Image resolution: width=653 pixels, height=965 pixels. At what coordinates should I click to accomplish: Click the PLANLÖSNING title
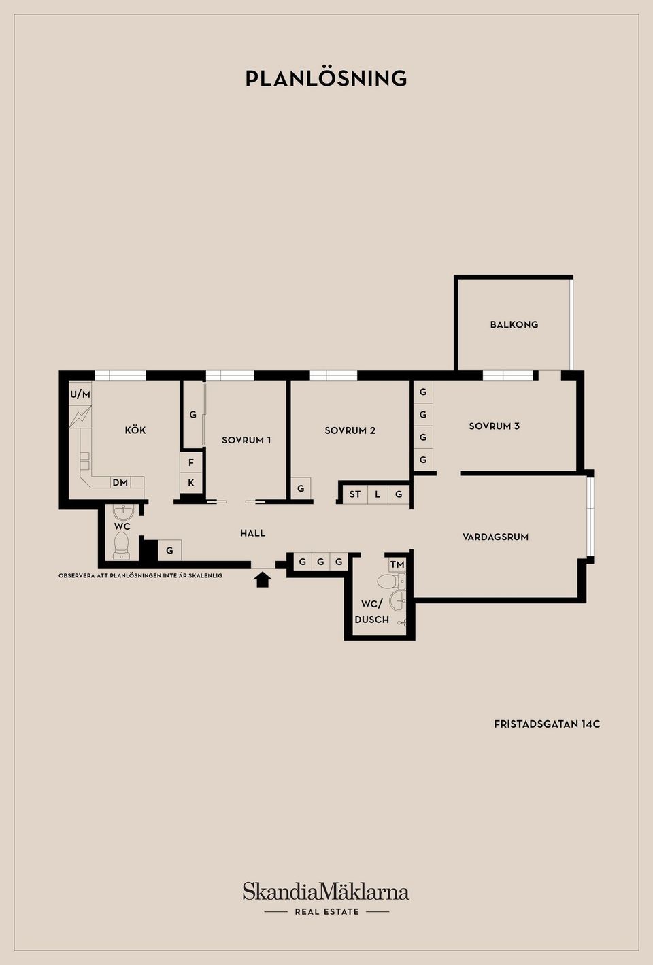[x=326, y=78]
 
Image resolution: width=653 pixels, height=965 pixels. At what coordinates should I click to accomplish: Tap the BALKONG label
[x=514, y=324]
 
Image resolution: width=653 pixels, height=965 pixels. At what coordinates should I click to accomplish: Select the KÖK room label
[x=135, y=430]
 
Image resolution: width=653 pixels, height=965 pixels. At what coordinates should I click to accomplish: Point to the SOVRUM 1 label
[x=246, y=440]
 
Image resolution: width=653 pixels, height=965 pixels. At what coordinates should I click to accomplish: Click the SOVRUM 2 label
[x=350, y=430]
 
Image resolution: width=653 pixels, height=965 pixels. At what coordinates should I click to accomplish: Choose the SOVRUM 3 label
[x=495, y=426]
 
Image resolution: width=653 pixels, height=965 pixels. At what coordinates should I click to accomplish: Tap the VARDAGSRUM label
[x=496, y=537]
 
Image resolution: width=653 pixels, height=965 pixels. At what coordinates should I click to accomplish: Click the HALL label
[x=252, y=533]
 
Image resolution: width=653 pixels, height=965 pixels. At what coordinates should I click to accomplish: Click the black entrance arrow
[x=262, y=579]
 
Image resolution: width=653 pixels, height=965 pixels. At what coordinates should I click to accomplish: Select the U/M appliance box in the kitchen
[x=80, y=394]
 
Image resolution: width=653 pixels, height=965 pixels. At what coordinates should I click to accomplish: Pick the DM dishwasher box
[x=120, y=483]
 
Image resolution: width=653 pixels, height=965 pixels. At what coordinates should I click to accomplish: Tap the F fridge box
[x=191, y=462]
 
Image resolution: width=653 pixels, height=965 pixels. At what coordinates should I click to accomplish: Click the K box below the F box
[x=191, y=483]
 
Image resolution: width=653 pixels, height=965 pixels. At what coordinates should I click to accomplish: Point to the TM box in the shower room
[x=397, y=564]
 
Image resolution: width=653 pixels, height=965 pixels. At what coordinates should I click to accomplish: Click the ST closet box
[x=355, y=494]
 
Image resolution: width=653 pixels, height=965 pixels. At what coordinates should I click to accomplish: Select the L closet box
[x=378, y=494]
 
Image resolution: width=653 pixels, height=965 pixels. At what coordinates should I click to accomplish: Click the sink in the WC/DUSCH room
[x=397, y=600]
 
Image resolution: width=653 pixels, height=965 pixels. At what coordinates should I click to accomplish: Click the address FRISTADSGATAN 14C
[x=547, y=724]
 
